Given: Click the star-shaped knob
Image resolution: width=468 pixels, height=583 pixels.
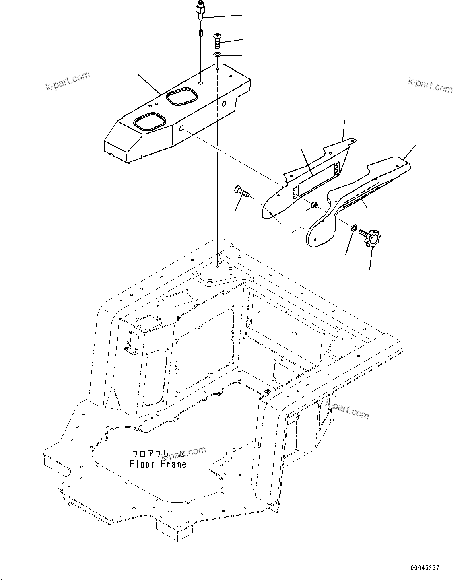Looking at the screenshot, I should point(372,238).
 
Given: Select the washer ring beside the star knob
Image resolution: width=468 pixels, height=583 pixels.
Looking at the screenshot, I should point(354,228).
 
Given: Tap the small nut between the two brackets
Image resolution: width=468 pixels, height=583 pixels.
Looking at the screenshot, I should point(313,206).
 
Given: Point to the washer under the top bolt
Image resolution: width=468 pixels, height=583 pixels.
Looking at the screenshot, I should point(217,55).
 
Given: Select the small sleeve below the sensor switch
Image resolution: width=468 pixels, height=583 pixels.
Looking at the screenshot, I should point(200,33).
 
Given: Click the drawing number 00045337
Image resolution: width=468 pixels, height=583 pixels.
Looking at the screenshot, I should point(425,568).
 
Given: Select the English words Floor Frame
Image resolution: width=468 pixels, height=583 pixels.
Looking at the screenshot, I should point(158,464).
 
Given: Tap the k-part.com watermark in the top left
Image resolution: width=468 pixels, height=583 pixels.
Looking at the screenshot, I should point(68,81).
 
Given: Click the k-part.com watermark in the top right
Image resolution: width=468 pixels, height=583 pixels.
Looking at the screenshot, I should point(430,85).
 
